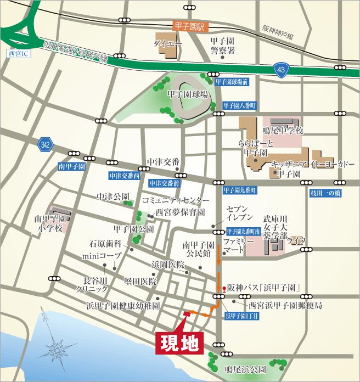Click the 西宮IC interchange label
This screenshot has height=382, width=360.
coord(18,54)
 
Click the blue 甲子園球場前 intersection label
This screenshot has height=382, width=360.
coord(232,81)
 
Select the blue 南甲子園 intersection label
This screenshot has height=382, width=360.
coord(71,165)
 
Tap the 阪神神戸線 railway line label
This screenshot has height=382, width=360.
coord(278,33)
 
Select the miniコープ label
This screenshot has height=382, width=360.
coord(101,256)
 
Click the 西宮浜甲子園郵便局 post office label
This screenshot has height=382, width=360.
coord(284,304)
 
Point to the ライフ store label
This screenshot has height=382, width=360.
coord(296,241)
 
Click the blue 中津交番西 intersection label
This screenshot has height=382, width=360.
coord(125,176)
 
